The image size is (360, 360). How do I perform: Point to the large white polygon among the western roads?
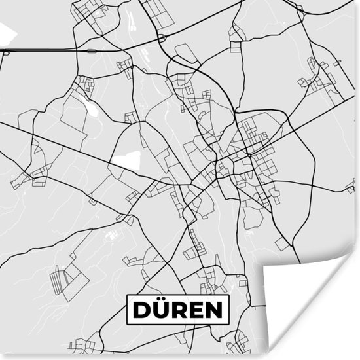(x=127, y=160)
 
